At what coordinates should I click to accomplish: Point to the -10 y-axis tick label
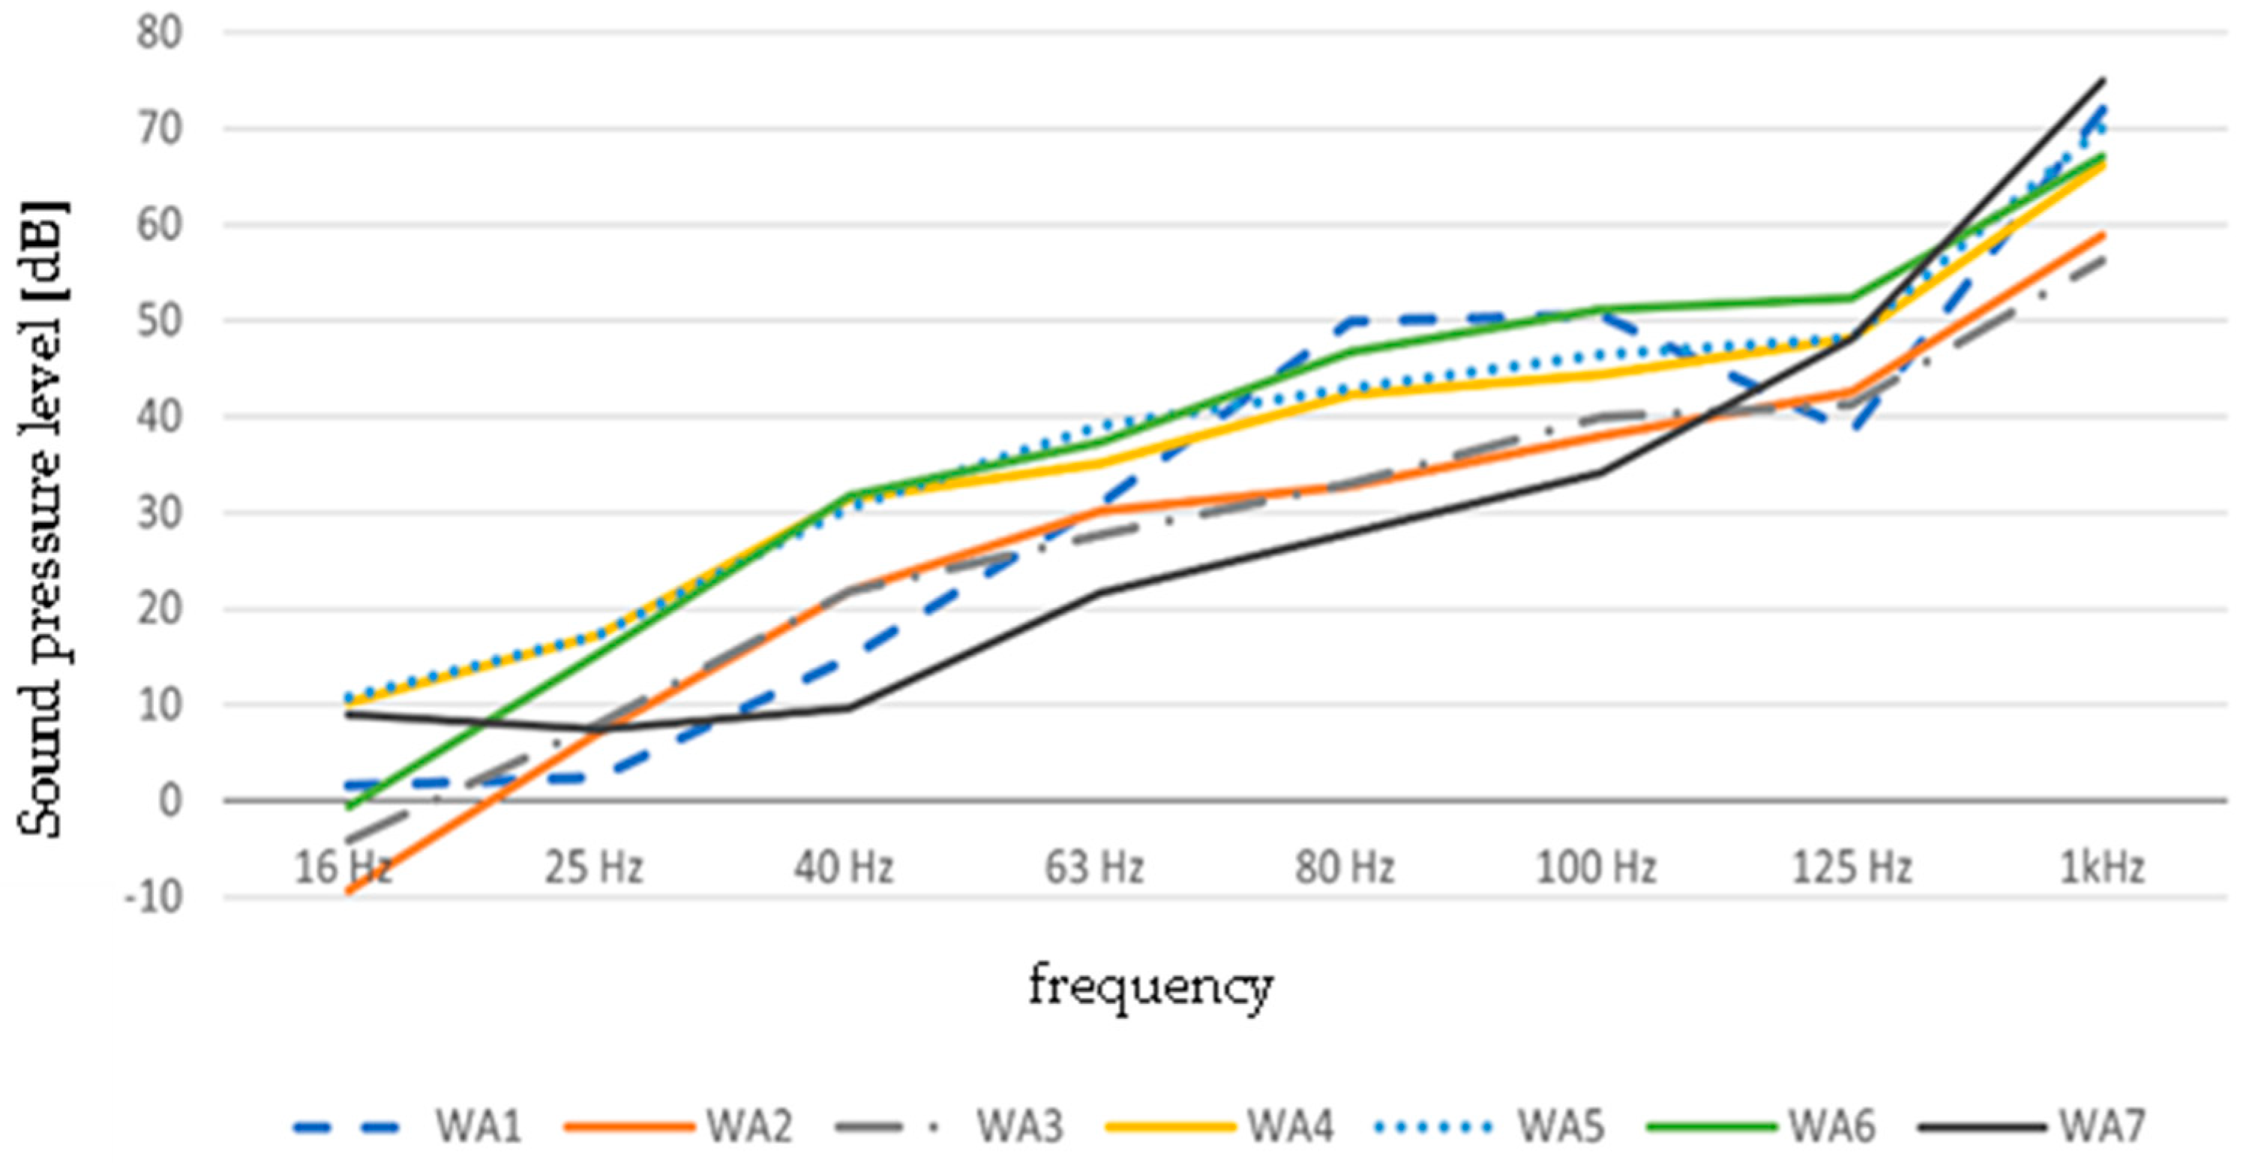(153, 897)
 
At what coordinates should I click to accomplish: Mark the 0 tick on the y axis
(171, 801)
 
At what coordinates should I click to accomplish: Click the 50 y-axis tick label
(158, 321)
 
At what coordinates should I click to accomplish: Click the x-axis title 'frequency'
(1150, 987)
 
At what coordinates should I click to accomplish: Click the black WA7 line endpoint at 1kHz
(2103, 80)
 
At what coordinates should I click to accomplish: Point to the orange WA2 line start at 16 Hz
(349, 891)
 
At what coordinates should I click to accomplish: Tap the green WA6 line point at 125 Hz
(1851, 298)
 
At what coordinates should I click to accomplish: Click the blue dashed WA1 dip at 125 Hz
(1851, 426)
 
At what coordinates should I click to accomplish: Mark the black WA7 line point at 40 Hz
(847, 708)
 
